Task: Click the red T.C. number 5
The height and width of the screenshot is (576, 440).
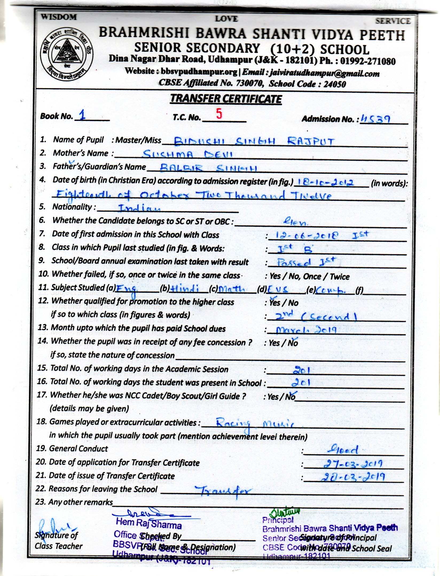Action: [219, 114]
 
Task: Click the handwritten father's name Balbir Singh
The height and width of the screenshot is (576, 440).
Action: [208, 168]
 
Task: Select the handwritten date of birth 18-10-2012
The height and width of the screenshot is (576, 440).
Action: [325, 182]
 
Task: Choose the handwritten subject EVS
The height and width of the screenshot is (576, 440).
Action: [278, 290]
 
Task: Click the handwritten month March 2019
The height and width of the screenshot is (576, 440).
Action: [306, 330]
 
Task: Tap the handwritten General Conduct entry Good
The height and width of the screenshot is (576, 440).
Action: [343, 450]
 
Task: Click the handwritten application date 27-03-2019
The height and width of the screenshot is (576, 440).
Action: [353, 464]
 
